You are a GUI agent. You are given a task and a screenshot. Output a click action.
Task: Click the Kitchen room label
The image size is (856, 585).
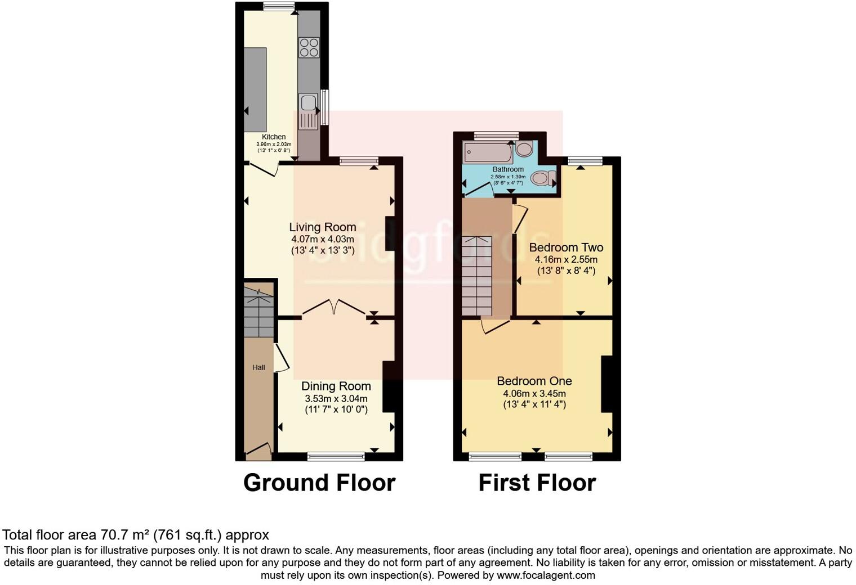click(x=274, y=137)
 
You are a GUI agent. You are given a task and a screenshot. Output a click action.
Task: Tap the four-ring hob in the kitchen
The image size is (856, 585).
click(x=309, y=47)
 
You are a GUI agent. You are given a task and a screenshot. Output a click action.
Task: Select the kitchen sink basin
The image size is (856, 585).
click(x=308, y=103)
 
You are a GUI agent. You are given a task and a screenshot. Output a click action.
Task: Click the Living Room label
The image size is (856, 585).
click(x=323, y=227)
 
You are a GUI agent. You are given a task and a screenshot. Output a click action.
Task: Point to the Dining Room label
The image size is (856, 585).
click(x=336, y=386)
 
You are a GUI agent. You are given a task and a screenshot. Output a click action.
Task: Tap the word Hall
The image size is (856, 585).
click(x=258, y=368)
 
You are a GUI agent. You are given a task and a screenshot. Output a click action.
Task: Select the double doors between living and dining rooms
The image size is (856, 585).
click(x=334, y=307)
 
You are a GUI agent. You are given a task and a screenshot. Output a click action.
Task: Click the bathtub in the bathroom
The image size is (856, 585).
click(x=487, y=151)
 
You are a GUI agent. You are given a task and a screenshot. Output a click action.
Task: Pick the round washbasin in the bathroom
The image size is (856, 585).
click(x=524, y=149)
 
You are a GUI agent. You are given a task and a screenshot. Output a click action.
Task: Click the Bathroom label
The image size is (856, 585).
click(x=508, y=169)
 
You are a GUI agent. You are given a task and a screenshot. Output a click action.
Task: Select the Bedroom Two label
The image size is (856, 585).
click(x=566, y=247)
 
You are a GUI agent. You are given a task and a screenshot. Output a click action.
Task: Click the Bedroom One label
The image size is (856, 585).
click(x=534, y=381)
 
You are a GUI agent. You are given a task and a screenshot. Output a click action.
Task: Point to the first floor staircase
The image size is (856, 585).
click(x=476, y=276)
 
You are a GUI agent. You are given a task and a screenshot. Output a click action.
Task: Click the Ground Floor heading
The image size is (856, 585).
click(x=319, y=483)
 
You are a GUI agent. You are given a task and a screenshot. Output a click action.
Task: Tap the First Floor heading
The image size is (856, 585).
click(x=537, y=483)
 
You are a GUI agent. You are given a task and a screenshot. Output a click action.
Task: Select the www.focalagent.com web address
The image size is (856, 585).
click(x=546, y=575)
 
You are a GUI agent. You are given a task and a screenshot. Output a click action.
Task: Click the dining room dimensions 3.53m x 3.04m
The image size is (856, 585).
click(x=336, y=399)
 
